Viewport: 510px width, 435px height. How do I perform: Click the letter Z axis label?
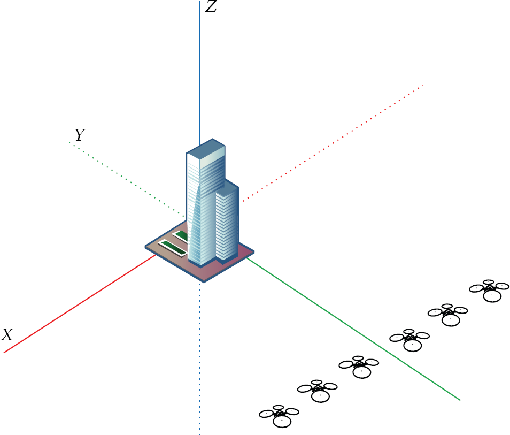[x=211, y=6]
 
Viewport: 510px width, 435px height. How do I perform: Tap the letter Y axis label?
[x=80, y=134]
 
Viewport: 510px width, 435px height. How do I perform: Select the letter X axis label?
[x=7, y=334]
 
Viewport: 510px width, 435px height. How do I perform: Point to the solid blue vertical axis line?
[x=200, y=73]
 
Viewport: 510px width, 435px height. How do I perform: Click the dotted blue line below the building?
[x=200, y=358]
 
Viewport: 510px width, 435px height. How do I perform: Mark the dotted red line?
[x=331, y=143]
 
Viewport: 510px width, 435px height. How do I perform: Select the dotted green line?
[x=127, y=180]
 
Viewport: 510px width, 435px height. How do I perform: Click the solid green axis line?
[x=353, y=329]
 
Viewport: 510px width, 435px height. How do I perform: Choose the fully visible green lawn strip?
[x=172, y=247]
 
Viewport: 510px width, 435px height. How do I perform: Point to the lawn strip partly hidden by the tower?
[x=181, y=236]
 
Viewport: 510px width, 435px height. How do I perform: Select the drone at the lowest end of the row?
[x=279, y=416]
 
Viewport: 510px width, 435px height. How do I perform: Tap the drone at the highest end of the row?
[x=489, y=291]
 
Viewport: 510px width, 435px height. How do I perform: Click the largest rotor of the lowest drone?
[x=282, y=421]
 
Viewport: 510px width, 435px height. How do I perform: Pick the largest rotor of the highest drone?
[x=492, y=296]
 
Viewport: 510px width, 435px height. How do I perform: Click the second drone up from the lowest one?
[x=318, y=391]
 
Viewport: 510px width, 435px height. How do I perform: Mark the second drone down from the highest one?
[x=448, y=315]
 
